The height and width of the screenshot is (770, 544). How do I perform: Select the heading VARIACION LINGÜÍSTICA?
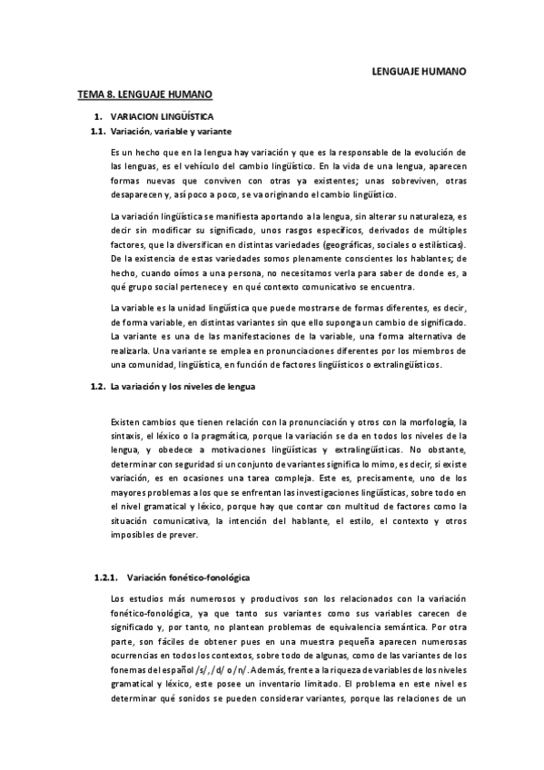click(162, 117)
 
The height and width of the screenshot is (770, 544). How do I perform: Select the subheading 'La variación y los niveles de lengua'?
click(183, 387)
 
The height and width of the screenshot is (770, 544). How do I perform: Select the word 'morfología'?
click(432, 422)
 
